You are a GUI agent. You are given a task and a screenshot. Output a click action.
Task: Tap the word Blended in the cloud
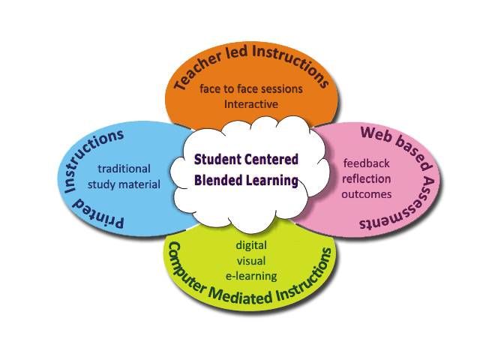tap(215, 180)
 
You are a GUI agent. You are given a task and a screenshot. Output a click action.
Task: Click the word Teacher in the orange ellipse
tap(198, 72)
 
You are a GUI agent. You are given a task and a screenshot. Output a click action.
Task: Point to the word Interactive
tap(251, 103)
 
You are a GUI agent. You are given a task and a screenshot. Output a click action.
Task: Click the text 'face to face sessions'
tap(251, 88)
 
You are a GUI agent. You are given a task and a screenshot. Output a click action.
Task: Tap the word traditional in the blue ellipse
tap(124, 169)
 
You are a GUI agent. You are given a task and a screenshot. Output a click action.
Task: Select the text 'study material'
tap(124, 184)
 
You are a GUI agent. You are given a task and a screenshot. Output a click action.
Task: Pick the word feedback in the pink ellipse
tap(367, 163)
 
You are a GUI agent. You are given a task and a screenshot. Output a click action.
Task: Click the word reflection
tap(367, 178)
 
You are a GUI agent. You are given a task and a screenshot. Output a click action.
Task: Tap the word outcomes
tap(367, 194)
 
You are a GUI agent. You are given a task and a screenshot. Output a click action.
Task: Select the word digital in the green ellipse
tap(251, 244)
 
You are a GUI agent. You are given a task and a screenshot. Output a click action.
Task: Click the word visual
tap(251, 260)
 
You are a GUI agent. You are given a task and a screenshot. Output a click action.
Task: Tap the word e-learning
tap(251, 275)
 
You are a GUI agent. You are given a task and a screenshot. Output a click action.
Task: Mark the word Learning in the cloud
tap(272, 180)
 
